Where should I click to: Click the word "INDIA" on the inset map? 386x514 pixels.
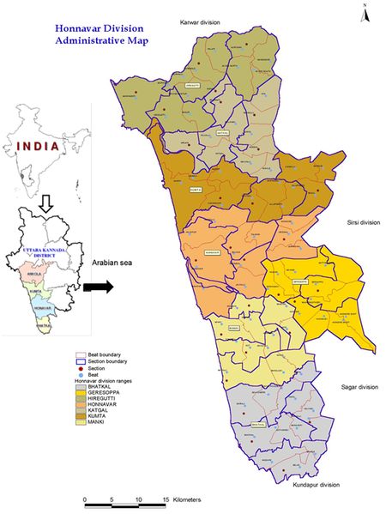click(38, 146)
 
